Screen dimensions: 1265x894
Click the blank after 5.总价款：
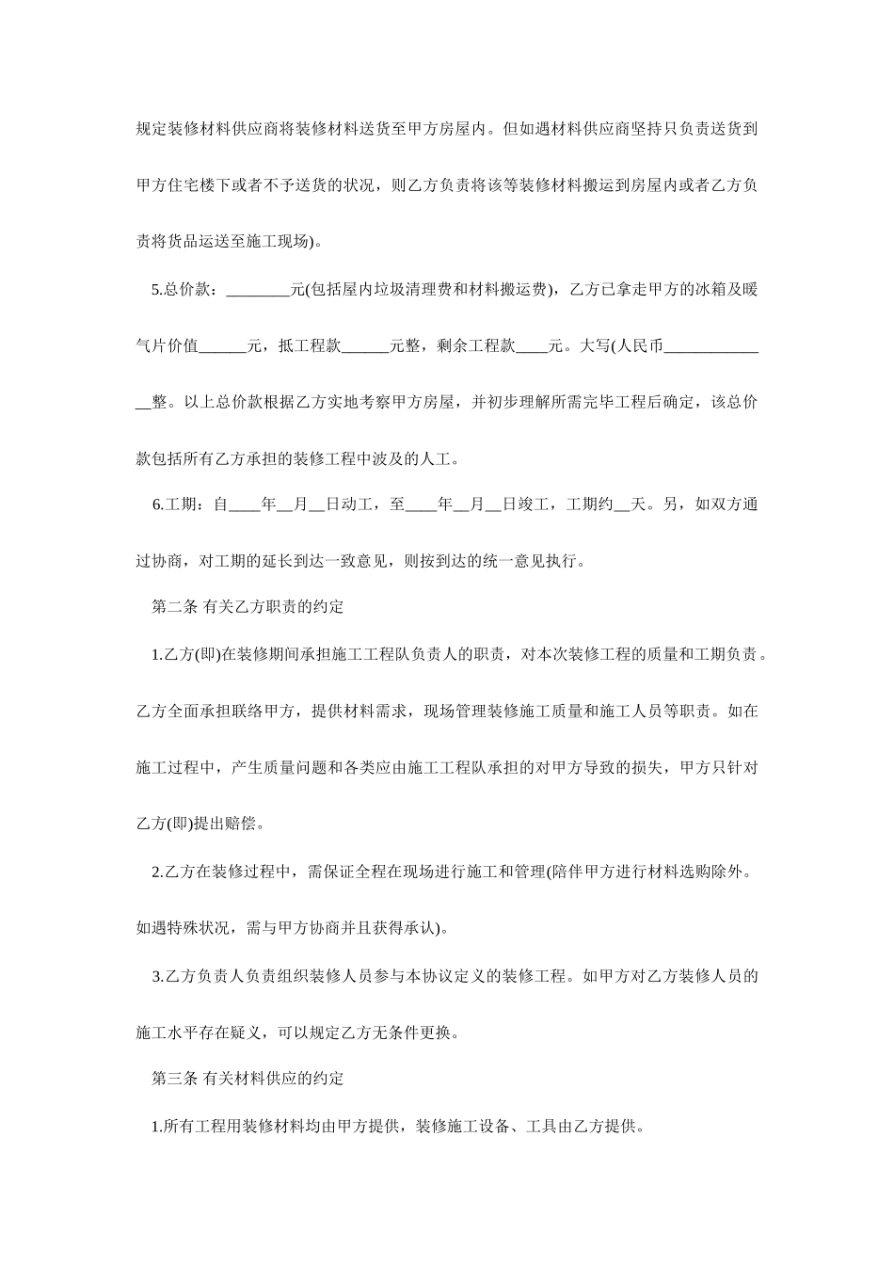click(259, 290)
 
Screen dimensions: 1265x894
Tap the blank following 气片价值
click(223, 346)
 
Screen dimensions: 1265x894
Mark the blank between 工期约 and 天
click(622, 504)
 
